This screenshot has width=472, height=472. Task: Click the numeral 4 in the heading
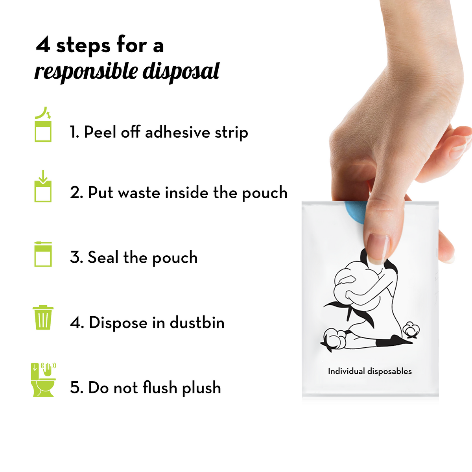(x=43, y=45)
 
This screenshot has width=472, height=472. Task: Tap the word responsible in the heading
(x=86, y=72)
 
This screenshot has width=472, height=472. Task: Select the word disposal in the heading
(x=181, y=72)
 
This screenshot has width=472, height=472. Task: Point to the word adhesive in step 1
(x=177, y=132)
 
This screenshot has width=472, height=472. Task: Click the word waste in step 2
(x=140, y=193)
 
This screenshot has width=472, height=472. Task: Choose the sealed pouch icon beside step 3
(x=43, y=254)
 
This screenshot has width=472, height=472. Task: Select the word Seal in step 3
(x=103, y=257)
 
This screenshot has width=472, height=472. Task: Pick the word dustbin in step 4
(x=197, y=323)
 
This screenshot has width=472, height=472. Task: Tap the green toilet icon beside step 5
(x=43, y=380)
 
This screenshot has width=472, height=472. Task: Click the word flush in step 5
(x=160, y=387)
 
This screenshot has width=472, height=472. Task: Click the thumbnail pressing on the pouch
(x=377, y=248)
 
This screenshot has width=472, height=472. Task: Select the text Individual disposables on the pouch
(x=370, y=371)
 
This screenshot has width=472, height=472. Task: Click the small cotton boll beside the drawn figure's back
(x=411, y=329)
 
